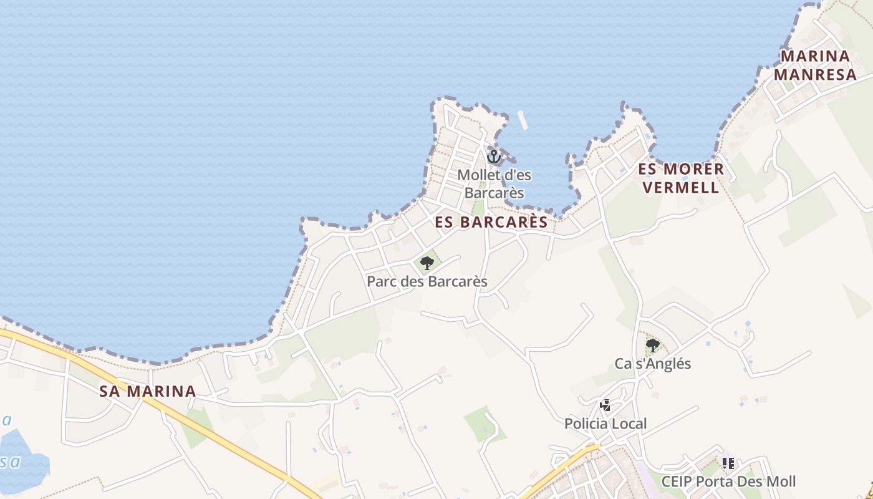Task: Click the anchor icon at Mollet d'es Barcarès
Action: click(x=494, y=157)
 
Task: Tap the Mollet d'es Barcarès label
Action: click(x=494, y=184)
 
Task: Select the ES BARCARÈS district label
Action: click(x=491, y=222)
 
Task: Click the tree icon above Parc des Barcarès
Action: click(x=427, y=263)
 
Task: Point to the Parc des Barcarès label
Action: click(x=427, y=281)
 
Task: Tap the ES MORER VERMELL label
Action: click(x=681, y=178)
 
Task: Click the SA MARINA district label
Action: click(x=148, y=392)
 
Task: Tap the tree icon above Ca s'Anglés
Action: click(x=653, y=345)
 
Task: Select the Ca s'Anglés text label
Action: click(x=653, y=364)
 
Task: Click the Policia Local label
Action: click(x=605, y=424)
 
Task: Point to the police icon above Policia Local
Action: click(x=605, y=405)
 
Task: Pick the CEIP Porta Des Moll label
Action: click(x=728, y=482)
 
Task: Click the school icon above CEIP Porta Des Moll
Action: click(x=728, y=463)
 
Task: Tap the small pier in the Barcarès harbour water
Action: click(x=523, y=120)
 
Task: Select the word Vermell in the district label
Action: click(x=681, y=187)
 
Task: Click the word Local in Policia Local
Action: click(x=629, y=424)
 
